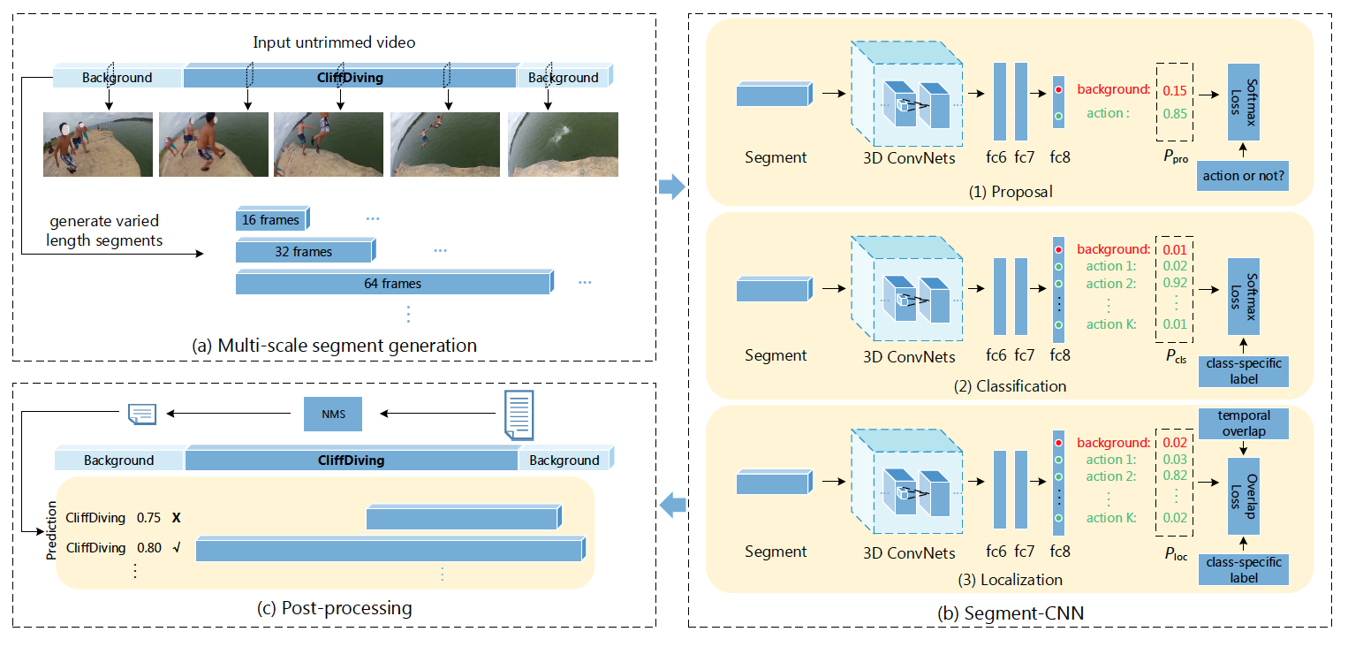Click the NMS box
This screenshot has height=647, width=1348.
[332, 413]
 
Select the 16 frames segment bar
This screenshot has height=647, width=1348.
[272, 219]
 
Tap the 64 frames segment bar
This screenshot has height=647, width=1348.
[392, 284]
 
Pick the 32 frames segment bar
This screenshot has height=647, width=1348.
[303, 252]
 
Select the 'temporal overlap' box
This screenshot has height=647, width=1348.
[1244, 422]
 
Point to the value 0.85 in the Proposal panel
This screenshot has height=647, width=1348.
[1174, 113]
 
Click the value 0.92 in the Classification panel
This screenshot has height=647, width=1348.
[1174, 284]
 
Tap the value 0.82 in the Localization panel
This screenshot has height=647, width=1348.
[1174, 476]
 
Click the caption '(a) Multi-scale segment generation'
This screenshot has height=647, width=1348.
[334, 346]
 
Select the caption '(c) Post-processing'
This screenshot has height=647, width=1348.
[333, 608]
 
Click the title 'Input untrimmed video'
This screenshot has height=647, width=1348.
[334, 42]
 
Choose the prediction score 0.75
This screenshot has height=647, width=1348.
[149, 518]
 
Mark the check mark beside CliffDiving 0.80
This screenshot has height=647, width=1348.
[177, 547]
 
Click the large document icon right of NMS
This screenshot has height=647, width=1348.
[519, 414]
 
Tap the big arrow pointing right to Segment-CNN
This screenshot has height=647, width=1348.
[672, 186]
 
